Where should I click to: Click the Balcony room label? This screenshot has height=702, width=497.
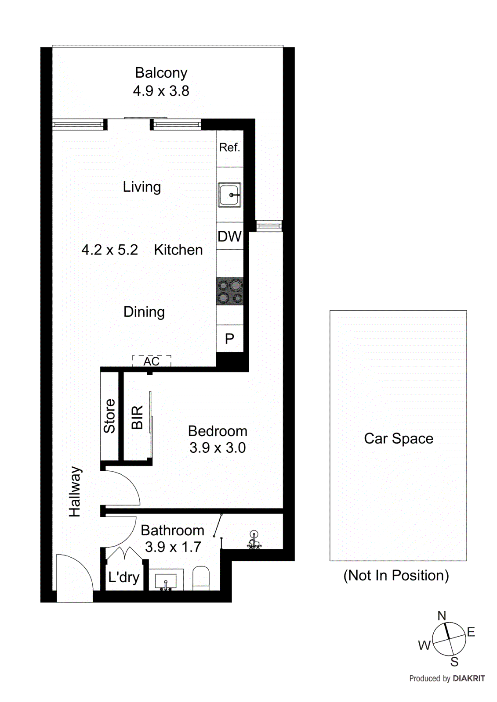(161, 73)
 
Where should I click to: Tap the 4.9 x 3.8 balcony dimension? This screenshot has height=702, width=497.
(161, 91)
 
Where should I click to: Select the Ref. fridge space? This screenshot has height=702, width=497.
(229, 147)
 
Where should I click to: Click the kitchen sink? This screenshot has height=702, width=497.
(229, 195)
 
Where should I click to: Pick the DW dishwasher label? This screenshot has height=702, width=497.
(229, 236)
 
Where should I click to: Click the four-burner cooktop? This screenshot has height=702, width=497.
(230, 291)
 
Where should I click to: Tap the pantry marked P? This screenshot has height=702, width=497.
(229, 339)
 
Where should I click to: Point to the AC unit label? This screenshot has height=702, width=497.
(152, 361)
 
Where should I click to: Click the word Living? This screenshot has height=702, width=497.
(141, 187)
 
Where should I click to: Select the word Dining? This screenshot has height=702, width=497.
(144, 312)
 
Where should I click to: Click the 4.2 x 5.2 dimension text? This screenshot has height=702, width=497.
(109, 250)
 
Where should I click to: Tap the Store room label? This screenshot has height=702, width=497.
(109, 416)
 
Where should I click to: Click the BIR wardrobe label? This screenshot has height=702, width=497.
(137, 417)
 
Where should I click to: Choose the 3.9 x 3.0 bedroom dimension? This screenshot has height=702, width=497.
(218, 448)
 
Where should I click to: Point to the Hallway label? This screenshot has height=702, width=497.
(75, 491)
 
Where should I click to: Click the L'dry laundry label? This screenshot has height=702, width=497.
(123, 577)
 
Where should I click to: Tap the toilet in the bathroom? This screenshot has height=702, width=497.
(201, 578)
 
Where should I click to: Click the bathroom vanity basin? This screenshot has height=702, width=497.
(166, 581)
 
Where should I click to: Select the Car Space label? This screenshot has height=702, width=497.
(399, 438)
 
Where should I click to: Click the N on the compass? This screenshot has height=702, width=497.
(442, 616)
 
